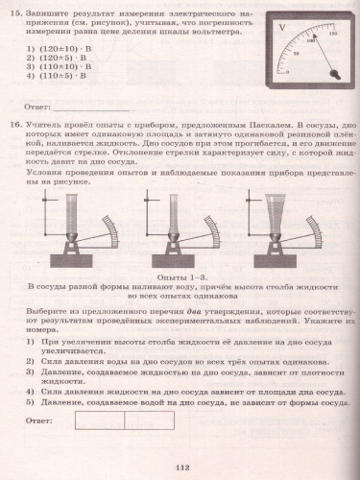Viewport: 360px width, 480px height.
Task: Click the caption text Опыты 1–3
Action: tap(180, 276)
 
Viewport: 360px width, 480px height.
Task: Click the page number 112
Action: tap(180, 467)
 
